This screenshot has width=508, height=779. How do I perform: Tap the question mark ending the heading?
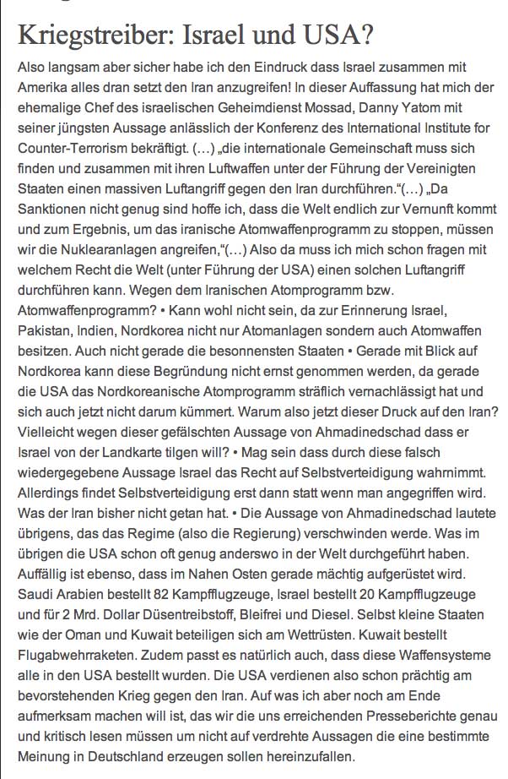(x=368, y=36)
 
